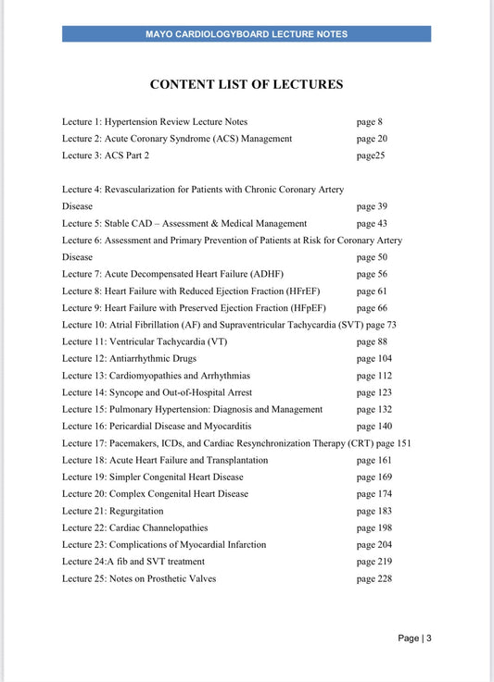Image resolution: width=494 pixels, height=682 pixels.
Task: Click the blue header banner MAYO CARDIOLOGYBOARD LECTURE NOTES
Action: click(247, 34)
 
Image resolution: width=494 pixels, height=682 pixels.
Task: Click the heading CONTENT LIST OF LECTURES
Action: click(247, 84)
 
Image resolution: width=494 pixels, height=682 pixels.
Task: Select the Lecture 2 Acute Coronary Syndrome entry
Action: click(177, 138)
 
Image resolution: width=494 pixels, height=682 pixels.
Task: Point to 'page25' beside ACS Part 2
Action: click(371, 155)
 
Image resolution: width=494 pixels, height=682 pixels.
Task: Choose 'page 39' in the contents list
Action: click(372, 206)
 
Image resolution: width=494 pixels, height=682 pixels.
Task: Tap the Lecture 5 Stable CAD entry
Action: click(184, 223)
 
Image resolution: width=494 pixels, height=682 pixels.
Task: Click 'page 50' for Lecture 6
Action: click(372, 257)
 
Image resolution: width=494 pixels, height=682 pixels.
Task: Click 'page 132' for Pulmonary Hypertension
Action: click(374, 409)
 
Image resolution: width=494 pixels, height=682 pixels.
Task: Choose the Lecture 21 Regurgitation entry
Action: click(113, 511)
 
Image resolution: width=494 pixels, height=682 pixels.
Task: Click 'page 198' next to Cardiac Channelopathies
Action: click(374, 527)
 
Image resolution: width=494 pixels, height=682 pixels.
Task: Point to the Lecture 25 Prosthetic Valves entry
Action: click(152, 578)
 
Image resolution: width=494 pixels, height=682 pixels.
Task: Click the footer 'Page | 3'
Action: click(414, 638)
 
